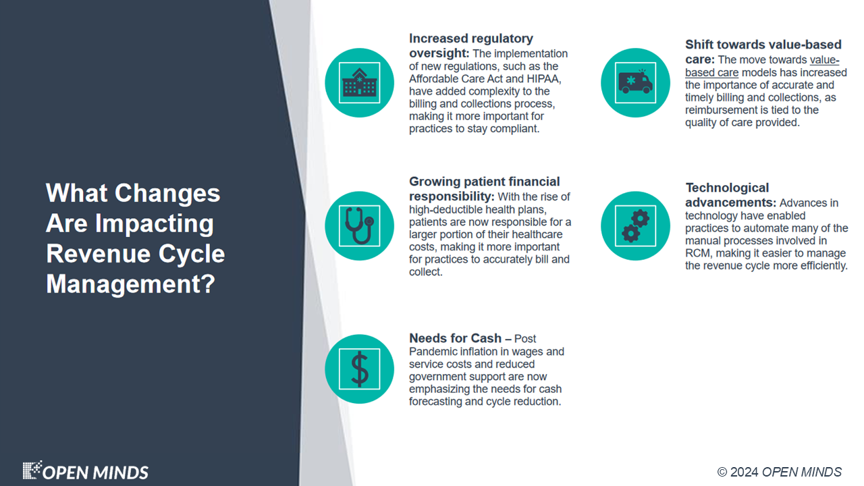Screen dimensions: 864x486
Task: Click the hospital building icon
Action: [x=360, y=82]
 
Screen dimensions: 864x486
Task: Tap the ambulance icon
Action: [x=635, y=82]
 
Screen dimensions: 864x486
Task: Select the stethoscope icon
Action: [x=360, y=225]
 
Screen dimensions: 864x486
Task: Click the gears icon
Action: [x=635, y=225]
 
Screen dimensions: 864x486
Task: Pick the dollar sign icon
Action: [x=360, y=369]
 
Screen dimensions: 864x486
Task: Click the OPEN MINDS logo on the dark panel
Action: [x=85, y=471]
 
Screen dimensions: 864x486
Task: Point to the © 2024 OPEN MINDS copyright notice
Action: [x=779, y=472]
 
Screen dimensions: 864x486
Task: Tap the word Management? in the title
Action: [x=130, y=284]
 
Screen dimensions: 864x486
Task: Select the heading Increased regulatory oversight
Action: [x=471, y=45]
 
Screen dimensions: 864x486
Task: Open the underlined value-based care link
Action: [x=762, y=66]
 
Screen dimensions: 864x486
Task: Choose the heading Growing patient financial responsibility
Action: [x=485, y=188]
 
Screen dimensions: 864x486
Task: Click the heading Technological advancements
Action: [x=730, y=195]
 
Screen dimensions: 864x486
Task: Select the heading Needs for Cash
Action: [x=455, y=338]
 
